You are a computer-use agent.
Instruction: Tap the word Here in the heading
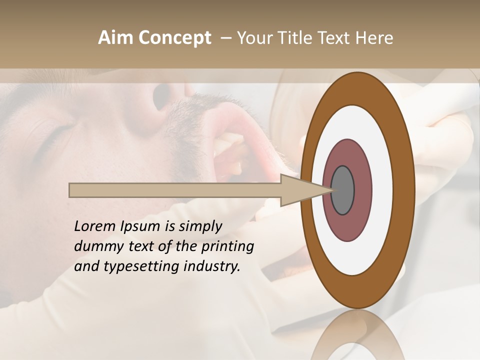374,38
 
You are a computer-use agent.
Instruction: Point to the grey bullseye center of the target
343,190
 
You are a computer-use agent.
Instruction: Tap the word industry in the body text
212,266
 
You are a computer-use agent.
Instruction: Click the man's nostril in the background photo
162,97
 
